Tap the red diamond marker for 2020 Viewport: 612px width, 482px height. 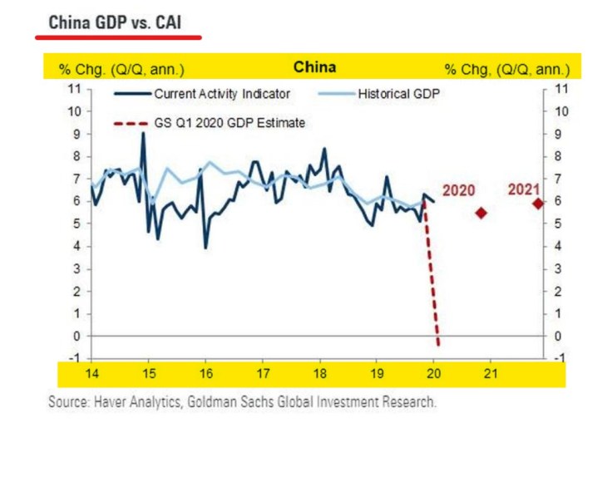click(x=481, y=213)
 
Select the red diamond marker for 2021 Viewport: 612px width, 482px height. click(x=538, y=203)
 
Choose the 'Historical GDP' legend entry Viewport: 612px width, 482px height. click(x=397, y=94)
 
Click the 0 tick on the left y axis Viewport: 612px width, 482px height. click(x=76, y=337)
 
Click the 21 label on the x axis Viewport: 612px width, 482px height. click(x=491, y=374)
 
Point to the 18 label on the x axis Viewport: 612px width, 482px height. click(x=319, y=374)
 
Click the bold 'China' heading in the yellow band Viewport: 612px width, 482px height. click(x=314, y=66)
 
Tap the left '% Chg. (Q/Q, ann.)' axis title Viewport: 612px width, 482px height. click(x=121, y=68)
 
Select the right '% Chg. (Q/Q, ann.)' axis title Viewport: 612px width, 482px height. click(x=507, y=68)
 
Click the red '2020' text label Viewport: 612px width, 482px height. click(x=458, y=190)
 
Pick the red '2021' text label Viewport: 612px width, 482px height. click(x=524, y=189)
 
